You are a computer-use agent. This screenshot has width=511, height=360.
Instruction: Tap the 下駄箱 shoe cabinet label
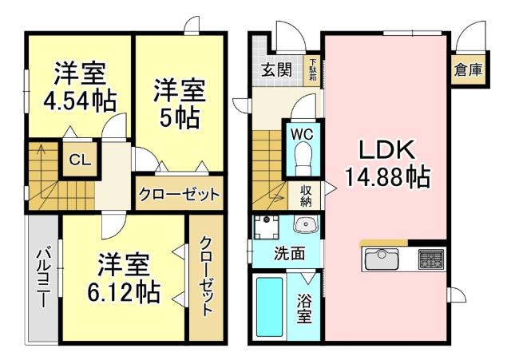pyautogui.click(x=314, y=69)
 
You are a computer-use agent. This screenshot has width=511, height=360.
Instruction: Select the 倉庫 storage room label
pyautogui.click(x=468, y=69)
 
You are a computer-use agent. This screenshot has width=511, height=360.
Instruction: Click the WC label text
pyautogui.click(x=301, y=134)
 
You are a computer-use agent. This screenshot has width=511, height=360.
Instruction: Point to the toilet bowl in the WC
pyautogui.click(x=302, y=163)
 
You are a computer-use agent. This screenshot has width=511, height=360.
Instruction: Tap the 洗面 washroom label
pyautogui.click(x=288, y=255)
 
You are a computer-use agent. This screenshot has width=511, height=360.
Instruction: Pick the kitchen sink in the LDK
pyautogui.click(x=382, y=259)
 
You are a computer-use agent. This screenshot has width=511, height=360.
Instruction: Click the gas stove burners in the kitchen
pyautogui.click(x=430, y=259)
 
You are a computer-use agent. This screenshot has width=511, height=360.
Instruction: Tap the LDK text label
pyautogui.click(x=387, y=150)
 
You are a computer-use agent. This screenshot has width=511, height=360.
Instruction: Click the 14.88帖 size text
pyautogui.click(x=387, y=176)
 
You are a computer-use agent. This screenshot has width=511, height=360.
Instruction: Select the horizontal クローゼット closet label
pyautogui.click(x=180, y=194)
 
